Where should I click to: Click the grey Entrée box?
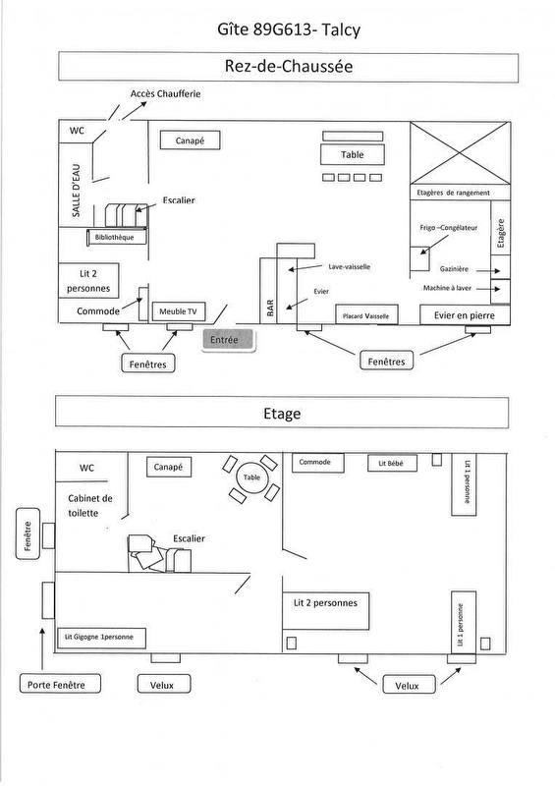point(229,340)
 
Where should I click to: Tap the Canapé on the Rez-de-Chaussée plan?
point(190,140)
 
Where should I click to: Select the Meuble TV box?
point(179,311)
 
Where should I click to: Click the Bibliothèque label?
point(115,237)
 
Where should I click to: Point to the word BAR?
point(270,308)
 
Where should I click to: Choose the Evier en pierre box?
point(465,315)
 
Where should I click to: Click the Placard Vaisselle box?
point(366,315)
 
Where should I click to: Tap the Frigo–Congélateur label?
point(449,228)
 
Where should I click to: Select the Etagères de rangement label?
point(453,193)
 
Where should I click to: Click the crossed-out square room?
point(461,153)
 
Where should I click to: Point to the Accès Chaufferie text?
point(165,93)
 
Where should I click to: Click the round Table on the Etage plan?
point(251,477)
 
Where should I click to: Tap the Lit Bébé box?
point(391,463)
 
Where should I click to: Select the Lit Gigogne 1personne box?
point(101,637)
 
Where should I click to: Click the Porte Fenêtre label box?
point(60,684)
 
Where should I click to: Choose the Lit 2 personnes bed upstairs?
point(325,611)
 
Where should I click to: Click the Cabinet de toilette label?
point(90,506)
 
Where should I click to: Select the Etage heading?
point(282,413)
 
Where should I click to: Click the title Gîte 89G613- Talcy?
point(288,29)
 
